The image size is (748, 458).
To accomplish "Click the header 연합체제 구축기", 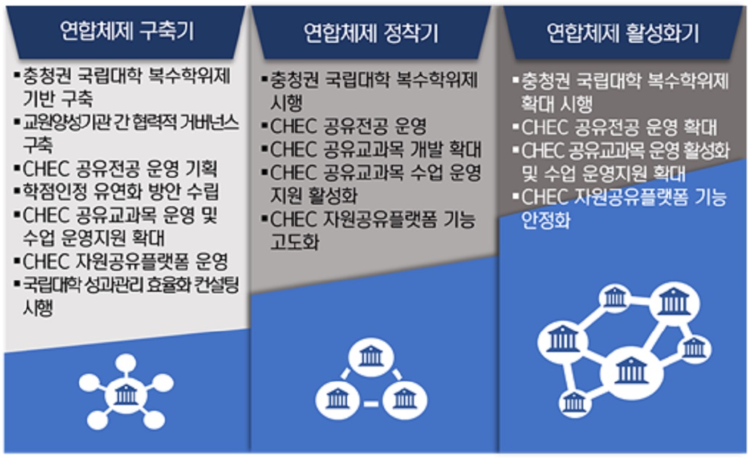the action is point(127,31).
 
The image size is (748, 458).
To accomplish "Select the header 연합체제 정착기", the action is point(370,33).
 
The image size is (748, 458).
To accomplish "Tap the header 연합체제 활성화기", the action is point(622,33).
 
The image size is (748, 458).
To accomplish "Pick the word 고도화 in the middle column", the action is point(295,242).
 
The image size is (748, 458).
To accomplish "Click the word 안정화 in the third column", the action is point(545,220).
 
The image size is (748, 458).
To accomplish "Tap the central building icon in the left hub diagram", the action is point(126,395).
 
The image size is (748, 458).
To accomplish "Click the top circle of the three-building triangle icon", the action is point(370,357).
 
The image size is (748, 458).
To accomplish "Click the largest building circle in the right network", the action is point(631,371).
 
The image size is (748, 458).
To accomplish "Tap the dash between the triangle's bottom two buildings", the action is point(371,404).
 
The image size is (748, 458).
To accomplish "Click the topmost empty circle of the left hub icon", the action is point(126,363).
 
